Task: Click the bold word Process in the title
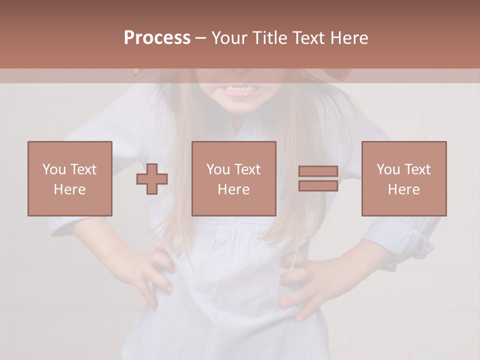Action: tap(157, 38)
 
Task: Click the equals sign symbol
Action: tap(318, 178)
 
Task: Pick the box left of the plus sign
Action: tap(70, 178)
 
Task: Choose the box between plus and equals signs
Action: tap(233, 178)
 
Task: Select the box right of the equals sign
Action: tap(403, 178)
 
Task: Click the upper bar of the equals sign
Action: tap(318, 171)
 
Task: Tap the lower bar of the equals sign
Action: tap(318, 185)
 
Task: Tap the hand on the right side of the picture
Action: tap(310, 280)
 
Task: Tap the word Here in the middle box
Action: tap(233, 189)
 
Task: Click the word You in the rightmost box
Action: tap(388, 169)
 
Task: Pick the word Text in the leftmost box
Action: tap(83, 169)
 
